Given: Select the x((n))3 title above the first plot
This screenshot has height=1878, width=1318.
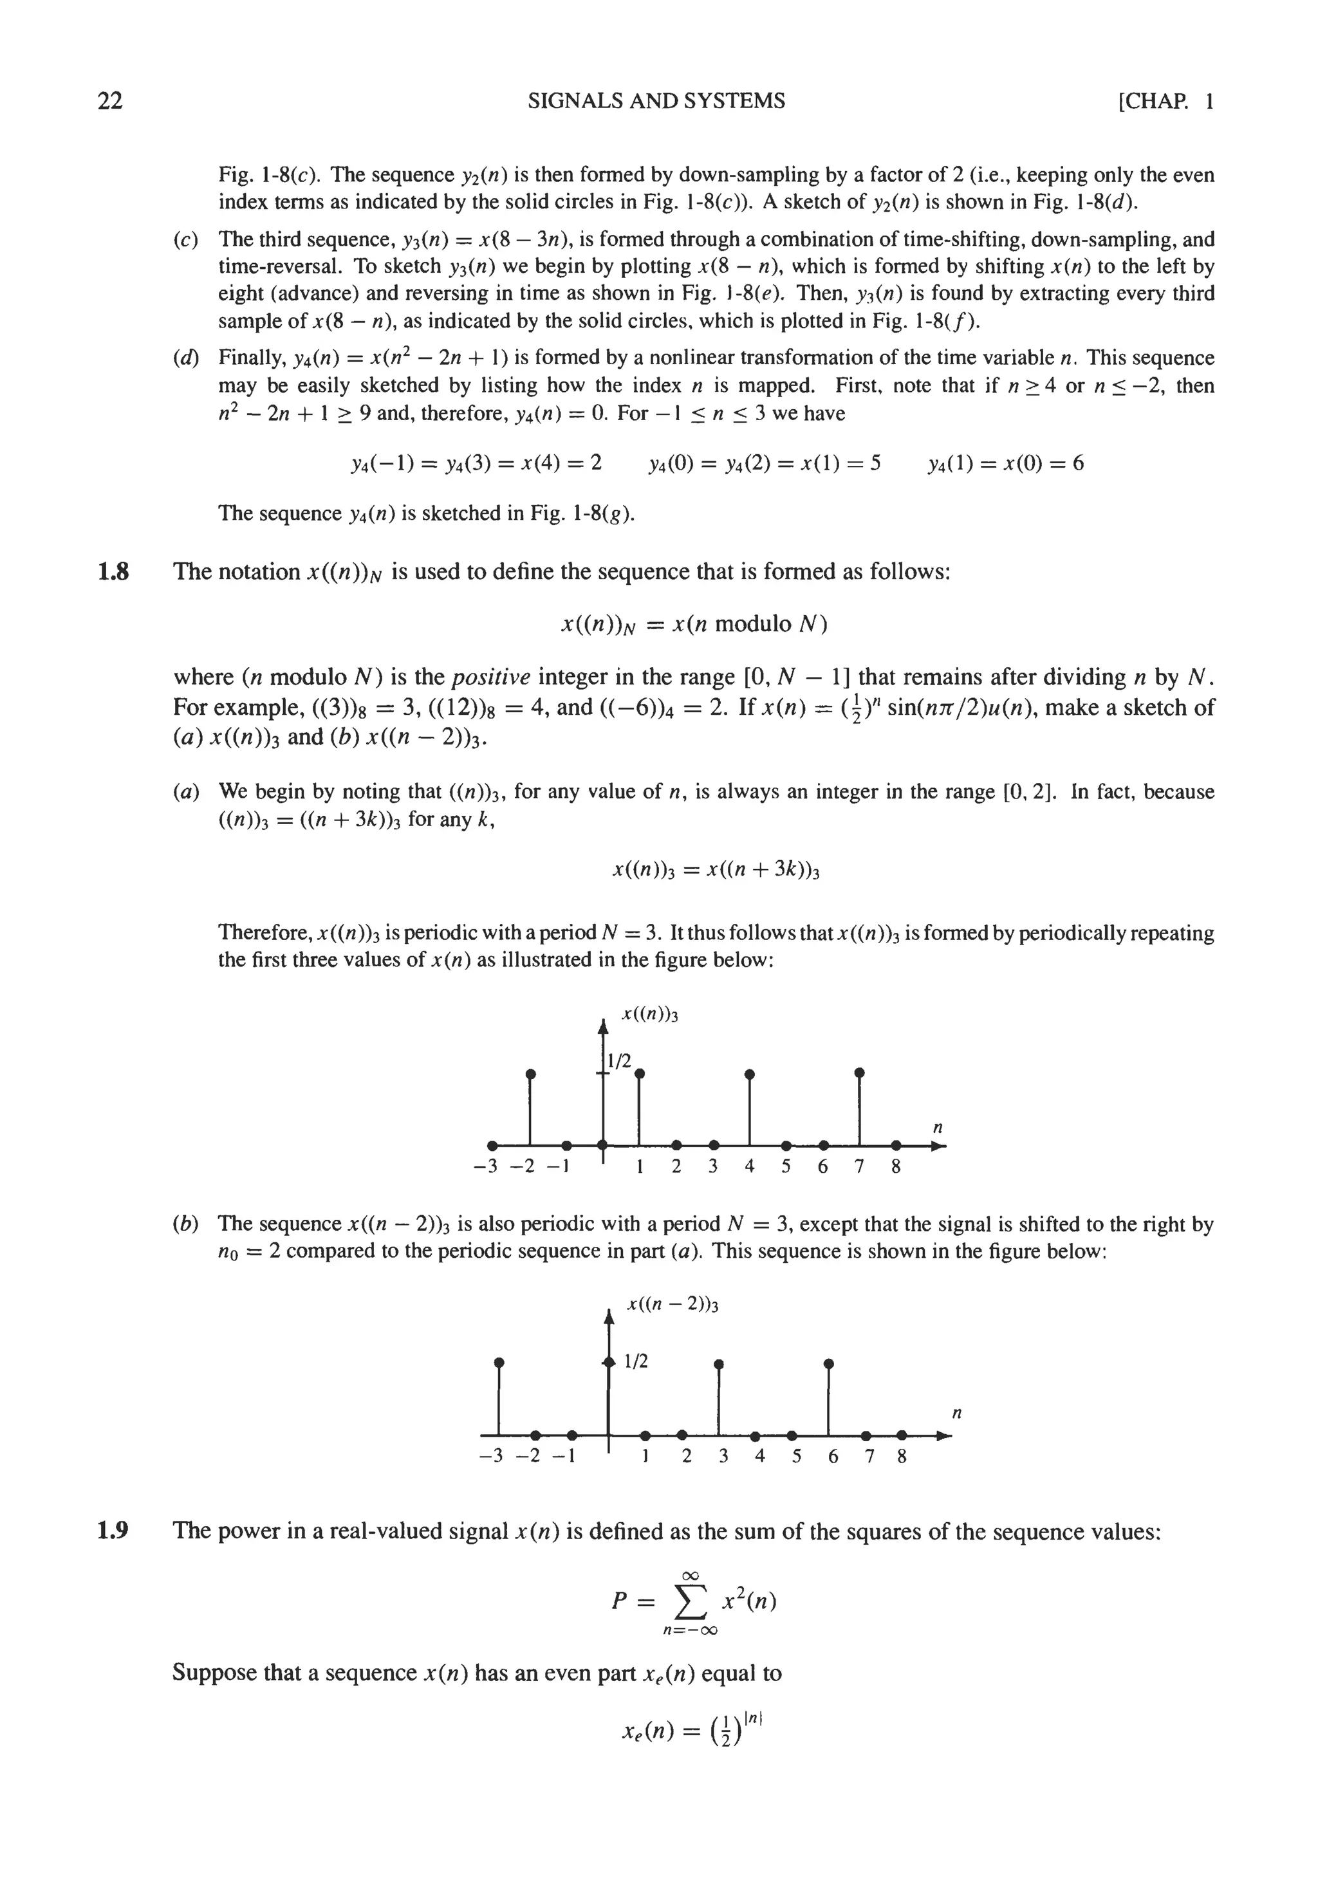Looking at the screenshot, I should click(651, 1015).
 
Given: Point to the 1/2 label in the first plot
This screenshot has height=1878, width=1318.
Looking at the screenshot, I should click(619, 1061).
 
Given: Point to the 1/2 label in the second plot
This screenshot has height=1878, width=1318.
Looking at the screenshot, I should click(636, 1362).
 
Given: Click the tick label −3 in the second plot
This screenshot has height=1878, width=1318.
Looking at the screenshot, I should click(494, 1457).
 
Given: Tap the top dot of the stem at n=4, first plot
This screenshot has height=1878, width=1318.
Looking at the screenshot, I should click(749, 1073).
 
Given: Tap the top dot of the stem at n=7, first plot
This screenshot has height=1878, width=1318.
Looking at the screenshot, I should click(859, 1071).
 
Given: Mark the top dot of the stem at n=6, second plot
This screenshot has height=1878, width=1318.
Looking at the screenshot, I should click(829, 1363).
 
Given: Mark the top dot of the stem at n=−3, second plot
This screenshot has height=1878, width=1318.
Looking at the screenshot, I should click(499, 1363).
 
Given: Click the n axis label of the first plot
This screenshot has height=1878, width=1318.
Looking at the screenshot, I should click(938, 1128).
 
